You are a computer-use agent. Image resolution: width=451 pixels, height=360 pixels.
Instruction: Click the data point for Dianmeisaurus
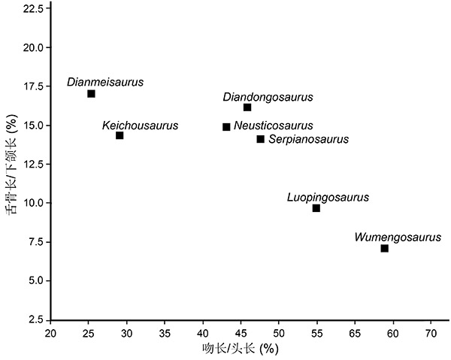[91, 94]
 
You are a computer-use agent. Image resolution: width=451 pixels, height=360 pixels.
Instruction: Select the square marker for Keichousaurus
[120, 135]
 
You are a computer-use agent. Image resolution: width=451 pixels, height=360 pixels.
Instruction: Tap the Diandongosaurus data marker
[247, 107]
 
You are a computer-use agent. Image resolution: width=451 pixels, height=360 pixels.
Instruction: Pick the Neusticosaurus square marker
[226, 127]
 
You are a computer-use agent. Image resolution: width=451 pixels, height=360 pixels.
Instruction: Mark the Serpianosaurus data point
[261, 139]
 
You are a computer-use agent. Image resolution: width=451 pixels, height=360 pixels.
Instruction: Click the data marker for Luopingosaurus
[316, 208]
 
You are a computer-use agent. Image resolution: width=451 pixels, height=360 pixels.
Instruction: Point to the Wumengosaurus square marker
[385, 248]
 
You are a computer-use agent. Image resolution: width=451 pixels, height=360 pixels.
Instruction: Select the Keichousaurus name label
[141, 125]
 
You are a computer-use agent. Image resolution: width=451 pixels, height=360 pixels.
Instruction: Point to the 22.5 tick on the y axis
[33, 8]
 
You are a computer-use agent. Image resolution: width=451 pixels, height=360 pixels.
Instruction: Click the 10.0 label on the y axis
[33, 203]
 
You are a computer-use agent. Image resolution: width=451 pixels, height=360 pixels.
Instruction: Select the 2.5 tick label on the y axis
[36, 319]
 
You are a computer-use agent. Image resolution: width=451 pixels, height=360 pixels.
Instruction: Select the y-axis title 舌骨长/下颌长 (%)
[11, 164]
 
